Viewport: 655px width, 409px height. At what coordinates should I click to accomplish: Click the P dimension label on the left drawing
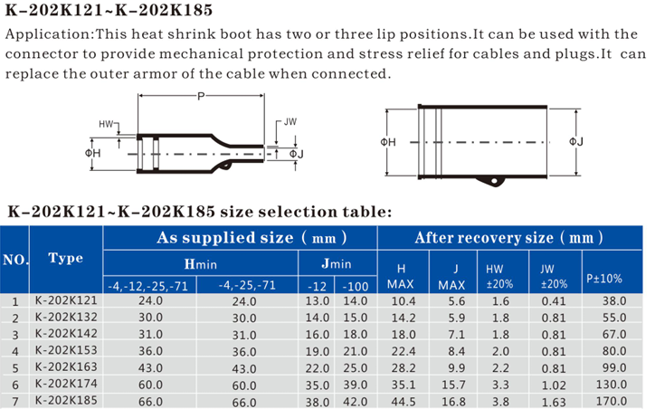pos(201,97)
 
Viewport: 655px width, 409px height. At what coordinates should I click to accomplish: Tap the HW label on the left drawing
pos(106,124)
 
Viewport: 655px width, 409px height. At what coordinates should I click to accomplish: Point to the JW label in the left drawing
pos(290,122)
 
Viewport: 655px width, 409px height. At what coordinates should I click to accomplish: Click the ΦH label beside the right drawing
pos(388,142)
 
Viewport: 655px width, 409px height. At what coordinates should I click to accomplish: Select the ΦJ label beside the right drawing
pos(576,142)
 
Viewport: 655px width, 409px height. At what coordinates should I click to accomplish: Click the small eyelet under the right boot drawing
pos(495,181)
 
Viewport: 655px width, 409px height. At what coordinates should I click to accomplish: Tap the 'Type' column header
pos(65,258)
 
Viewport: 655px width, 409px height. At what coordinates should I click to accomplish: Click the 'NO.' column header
pos(15,260)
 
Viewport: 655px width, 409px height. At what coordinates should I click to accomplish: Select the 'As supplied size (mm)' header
pos(252,238)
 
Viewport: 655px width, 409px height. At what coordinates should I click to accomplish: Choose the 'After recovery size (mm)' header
pos(508,238)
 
